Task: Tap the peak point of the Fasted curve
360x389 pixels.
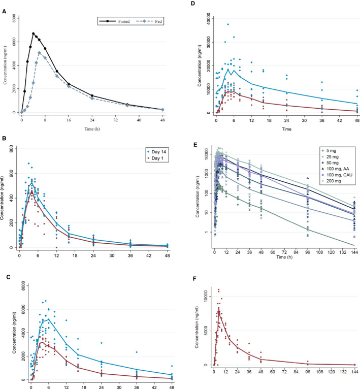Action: pos(34,34)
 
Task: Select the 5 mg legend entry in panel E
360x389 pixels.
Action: pos(323,150)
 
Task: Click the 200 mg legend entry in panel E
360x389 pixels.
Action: pos(325,183)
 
